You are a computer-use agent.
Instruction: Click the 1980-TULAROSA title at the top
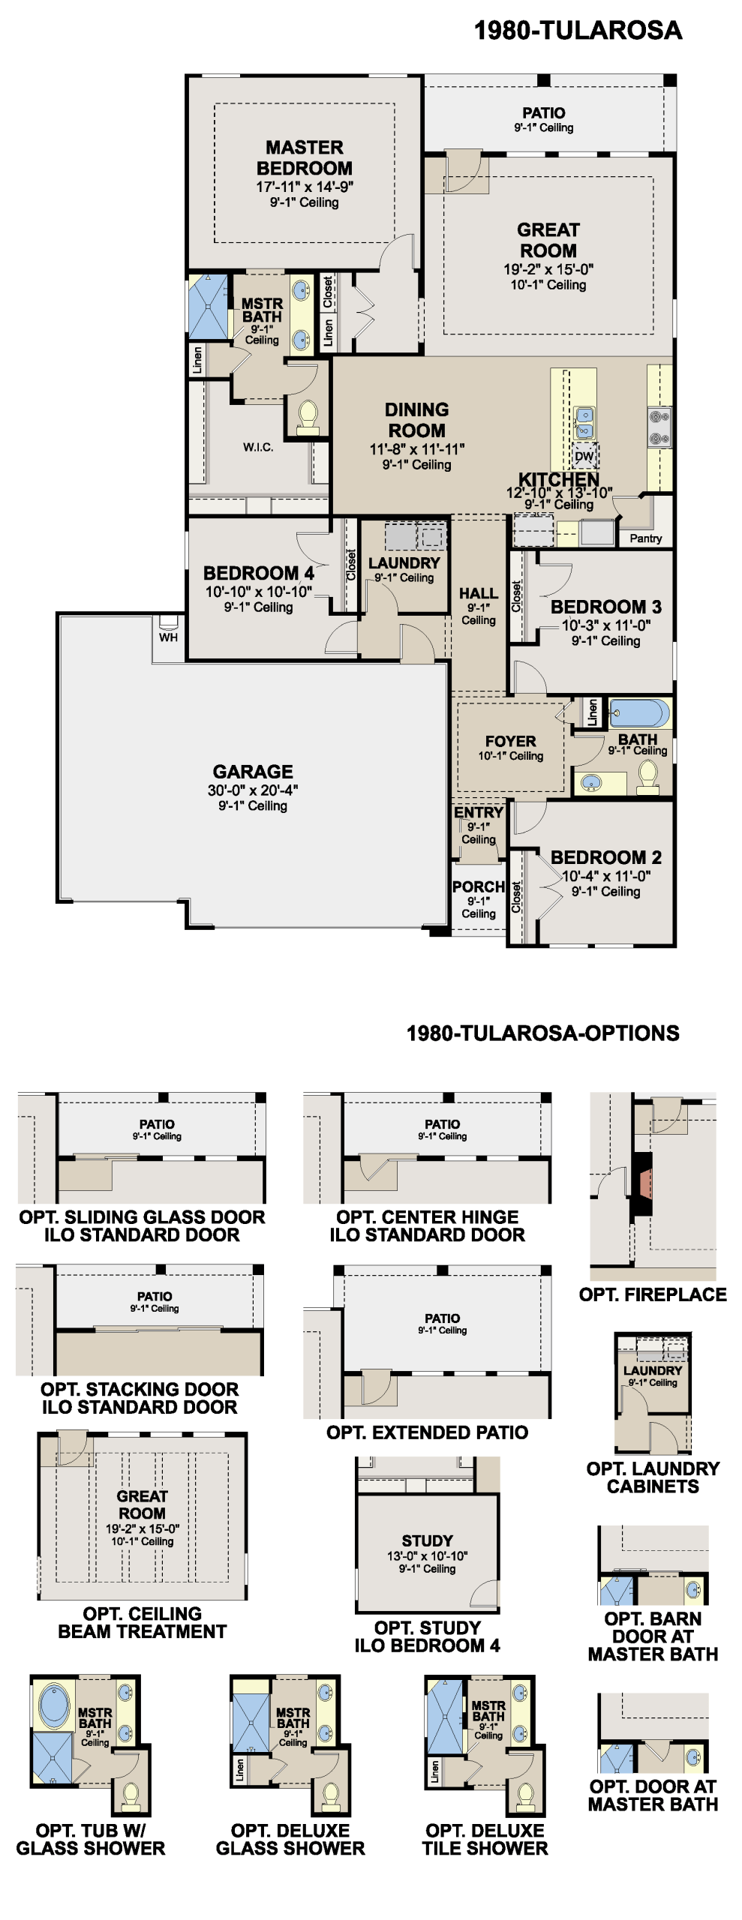click(x=578, y=31)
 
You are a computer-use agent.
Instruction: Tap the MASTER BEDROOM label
click(x=305, y=157)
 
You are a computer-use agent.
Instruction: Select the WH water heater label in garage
click(x=168, y=637)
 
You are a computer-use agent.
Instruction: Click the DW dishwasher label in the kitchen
click(x=584, y=456)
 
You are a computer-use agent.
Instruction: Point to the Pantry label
click(x=646, y=538)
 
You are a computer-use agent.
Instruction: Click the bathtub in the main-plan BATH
click(x=639, y=713)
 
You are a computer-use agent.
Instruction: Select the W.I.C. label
click(x=258, y=447)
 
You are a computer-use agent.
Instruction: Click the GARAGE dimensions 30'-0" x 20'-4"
click(x=253, y=790)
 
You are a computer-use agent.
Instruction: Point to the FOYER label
click(x=510, y=741)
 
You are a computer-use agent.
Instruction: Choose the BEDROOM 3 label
click(x=606, y=607)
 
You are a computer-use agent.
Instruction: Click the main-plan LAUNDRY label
click(x=404, y=562)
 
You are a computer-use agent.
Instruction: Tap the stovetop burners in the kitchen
click(x=659, y=427)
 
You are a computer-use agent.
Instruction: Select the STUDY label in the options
click(x=427, y=1540)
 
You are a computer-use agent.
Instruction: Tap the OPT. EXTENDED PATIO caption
click(x=427, y=1432)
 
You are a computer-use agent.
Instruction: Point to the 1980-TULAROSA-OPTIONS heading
click(x=542, y=1033)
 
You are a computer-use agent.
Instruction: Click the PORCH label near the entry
click(x=479, y=886)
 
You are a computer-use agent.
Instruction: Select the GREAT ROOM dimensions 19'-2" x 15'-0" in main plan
click(x=548, y=269)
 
